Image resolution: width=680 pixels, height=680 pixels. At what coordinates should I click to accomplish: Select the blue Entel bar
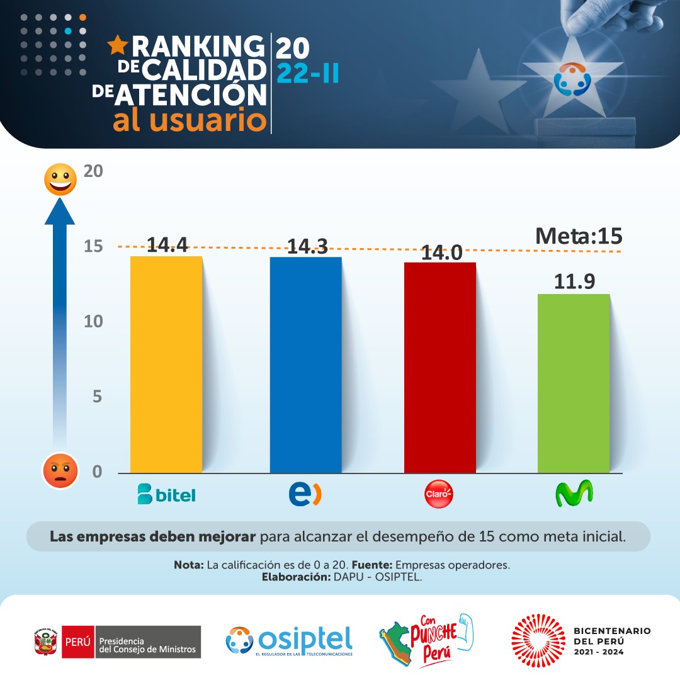305,365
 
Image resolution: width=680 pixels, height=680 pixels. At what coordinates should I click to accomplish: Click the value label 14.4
167,245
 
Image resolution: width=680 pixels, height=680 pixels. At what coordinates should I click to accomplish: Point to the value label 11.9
574,281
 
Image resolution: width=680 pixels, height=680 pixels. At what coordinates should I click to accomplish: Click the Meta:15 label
578,236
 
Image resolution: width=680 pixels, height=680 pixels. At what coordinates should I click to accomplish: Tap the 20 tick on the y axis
93,171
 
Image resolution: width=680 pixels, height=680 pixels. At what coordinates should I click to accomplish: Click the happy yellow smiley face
60,179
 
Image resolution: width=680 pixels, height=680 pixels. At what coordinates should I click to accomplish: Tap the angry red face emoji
60,470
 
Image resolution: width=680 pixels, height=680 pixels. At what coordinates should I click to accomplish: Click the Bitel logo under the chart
166,495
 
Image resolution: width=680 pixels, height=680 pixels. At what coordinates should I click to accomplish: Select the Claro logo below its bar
439,496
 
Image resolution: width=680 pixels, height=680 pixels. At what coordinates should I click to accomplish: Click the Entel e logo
305,494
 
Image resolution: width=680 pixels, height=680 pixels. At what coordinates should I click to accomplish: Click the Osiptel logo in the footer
289,640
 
